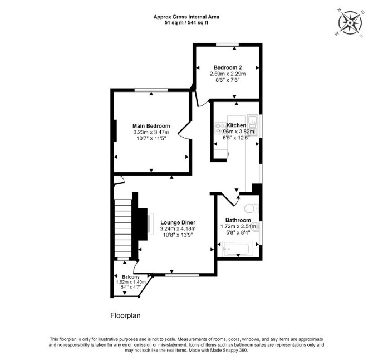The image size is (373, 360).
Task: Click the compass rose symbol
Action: click(x=350, y=23)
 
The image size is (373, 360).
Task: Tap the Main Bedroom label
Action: click(x=151, y=126)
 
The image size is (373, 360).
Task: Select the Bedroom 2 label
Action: click(x=228, y=67)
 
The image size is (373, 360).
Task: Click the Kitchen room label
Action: click(x=236, y=125)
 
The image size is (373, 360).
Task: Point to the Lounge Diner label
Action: click(x=178, y=222)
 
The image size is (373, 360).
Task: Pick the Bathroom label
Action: click(x=238, y=220)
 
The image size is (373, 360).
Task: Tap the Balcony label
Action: click(x=131, y=277)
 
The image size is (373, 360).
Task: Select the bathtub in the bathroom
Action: click(x=238, y=249)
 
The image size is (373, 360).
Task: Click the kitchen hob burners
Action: click(x=220, y=128)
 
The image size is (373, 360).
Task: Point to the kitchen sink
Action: click(x=252, y=121)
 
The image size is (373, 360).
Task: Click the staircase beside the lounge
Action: click(x=123, y=228)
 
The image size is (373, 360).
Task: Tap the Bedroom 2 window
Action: click(x=227, y=45)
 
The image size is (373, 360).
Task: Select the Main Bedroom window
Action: click(x=151, y=90)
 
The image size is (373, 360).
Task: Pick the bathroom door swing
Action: click(x=230, y=200)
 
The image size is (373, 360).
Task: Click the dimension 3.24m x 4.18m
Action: click(x=178, y=229)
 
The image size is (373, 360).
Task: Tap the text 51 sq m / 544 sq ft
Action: click(x=186, y=23)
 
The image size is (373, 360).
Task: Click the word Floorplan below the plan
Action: click(x=125, y=315)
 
